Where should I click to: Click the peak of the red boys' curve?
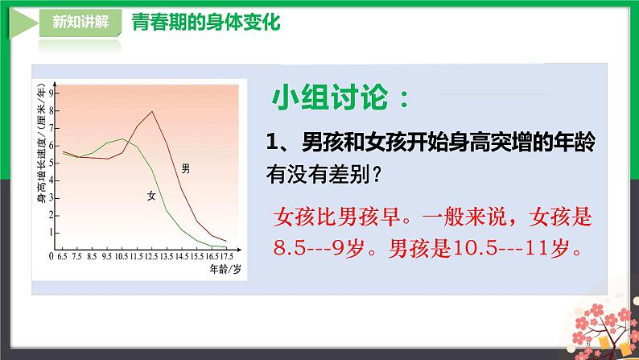[x=152, y=111]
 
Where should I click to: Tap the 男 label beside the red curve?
[x=186, y=168]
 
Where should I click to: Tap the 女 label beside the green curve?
[x=150, y=195]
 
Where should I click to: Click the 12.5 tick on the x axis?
[x=152, y=257]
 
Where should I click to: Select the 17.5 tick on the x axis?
[x=229, y=257]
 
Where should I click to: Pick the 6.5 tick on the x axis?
[x=62, y=257]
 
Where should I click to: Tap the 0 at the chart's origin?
[x=51, y=257]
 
